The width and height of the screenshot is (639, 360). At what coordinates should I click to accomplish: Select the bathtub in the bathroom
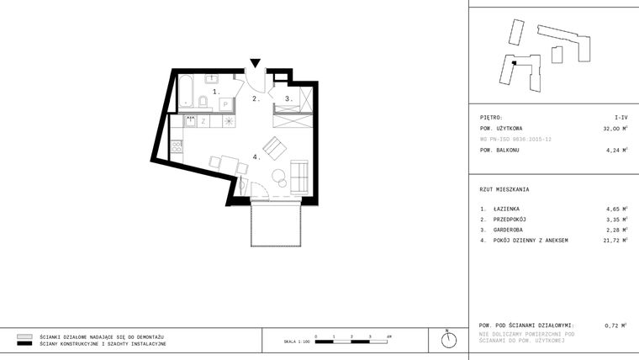tap(186, 91)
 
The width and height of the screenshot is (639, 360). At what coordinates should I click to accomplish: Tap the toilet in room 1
tap(203, 103)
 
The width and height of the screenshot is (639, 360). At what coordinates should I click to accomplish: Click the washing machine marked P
tap(225, 103)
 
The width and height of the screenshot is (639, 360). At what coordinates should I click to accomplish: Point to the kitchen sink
tap(190, 121)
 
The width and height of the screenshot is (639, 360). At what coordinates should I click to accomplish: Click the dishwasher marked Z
tap(203, 122)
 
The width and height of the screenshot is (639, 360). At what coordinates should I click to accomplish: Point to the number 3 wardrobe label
tap(288, 98)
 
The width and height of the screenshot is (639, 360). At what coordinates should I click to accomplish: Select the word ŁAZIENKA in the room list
tap(506, 208)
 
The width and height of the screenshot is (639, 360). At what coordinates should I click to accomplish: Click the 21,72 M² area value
tap(616, 241)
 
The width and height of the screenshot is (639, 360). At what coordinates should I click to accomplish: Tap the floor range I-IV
tap(621, 119)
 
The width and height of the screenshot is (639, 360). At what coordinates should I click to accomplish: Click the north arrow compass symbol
tap(450, 340)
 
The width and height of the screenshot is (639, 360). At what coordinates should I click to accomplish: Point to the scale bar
tap(351, 341)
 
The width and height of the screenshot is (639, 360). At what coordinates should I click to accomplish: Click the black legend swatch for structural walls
tap(24, 344)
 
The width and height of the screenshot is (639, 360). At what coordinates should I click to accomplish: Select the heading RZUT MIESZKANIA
tap(504, 189)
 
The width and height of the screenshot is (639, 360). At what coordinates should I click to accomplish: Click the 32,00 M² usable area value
tap(615, 129)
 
